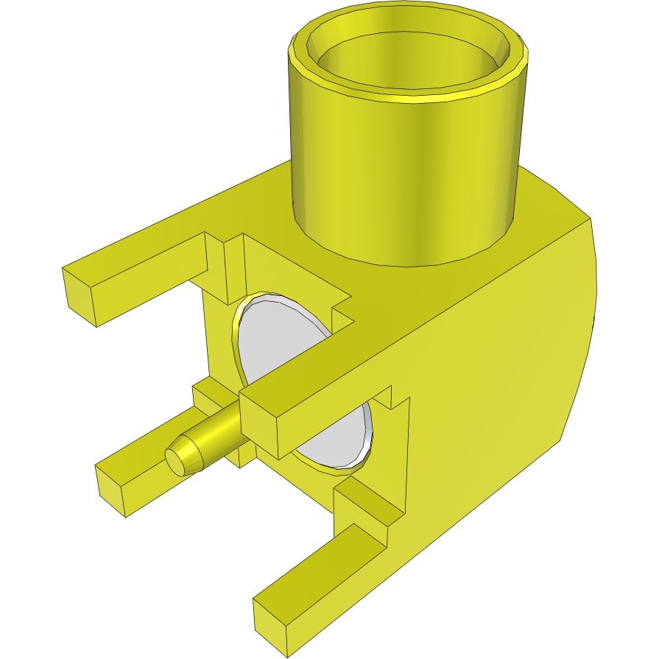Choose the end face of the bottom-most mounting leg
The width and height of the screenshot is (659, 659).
click(271, 625)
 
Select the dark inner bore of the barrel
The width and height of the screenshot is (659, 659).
click(412, 59)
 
